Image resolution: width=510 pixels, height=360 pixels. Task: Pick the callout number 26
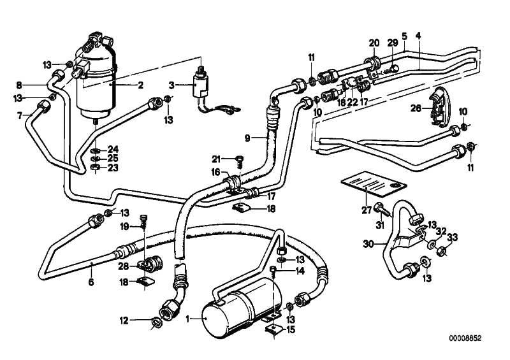coord(414,108)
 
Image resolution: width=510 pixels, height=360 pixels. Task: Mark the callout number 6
coord(91,282)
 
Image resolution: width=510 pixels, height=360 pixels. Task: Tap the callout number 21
coord(216,159)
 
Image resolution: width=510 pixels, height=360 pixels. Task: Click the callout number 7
coord(20,115)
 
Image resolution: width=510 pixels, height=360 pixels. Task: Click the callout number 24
coord(113,149)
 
